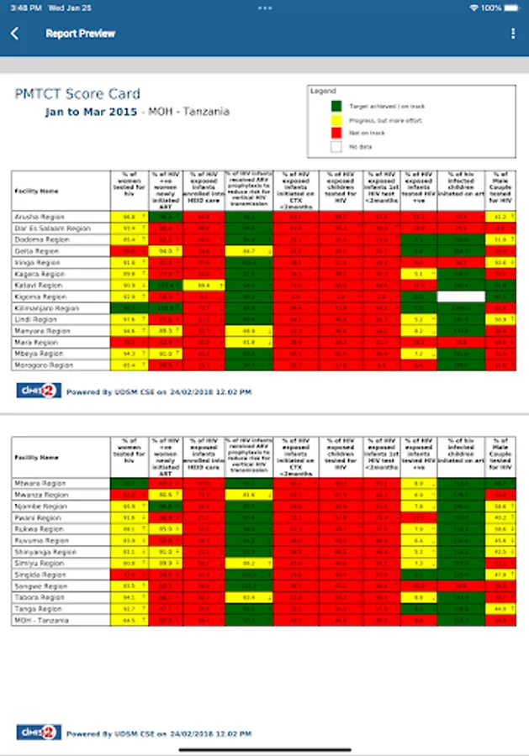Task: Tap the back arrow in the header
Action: (14, 34)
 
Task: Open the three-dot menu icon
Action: (513, 34)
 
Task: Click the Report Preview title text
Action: (81, 34)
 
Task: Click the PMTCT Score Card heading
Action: (77, 94)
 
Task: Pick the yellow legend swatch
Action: (336, 119)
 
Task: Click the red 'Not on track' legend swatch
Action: (336, 133)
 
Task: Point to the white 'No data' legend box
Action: (336, 146)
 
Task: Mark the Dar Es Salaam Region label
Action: (53, 228)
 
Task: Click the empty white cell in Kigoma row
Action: (460, 297)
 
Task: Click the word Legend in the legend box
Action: (323, 91)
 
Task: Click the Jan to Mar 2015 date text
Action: (92, 112)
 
